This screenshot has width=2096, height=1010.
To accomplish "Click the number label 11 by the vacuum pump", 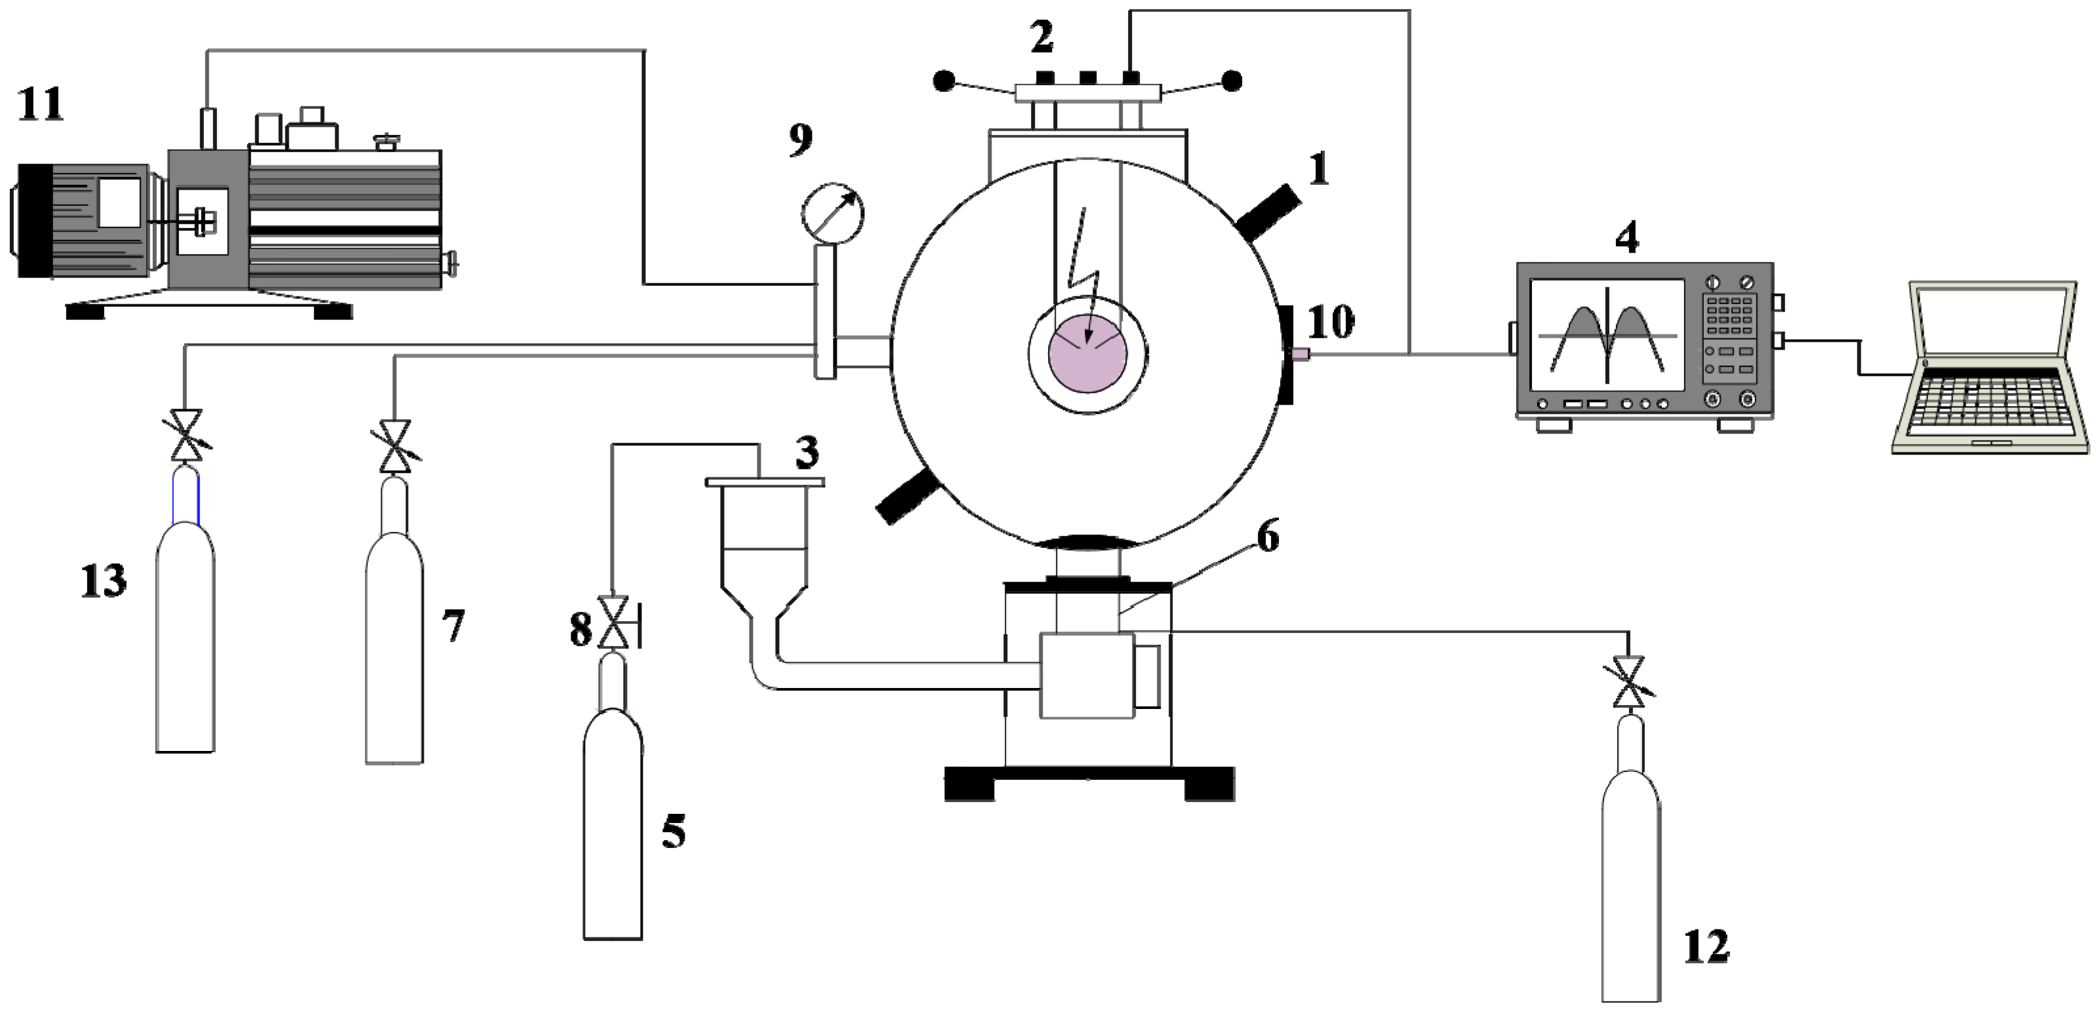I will point(41,106).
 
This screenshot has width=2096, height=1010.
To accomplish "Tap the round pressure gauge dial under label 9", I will point(832,213).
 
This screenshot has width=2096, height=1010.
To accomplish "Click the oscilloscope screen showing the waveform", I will point(1607,334).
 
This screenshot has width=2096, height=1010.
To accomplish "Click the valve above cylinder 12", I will point(1629,682).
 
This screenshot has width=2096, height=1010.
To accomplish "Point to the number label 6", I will point(1268,538).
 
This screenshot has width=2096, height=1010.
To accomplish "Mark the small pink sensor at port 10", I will point(1299,353).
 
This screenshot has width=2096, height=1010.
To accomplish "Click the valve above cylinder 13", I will point(186,434).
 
